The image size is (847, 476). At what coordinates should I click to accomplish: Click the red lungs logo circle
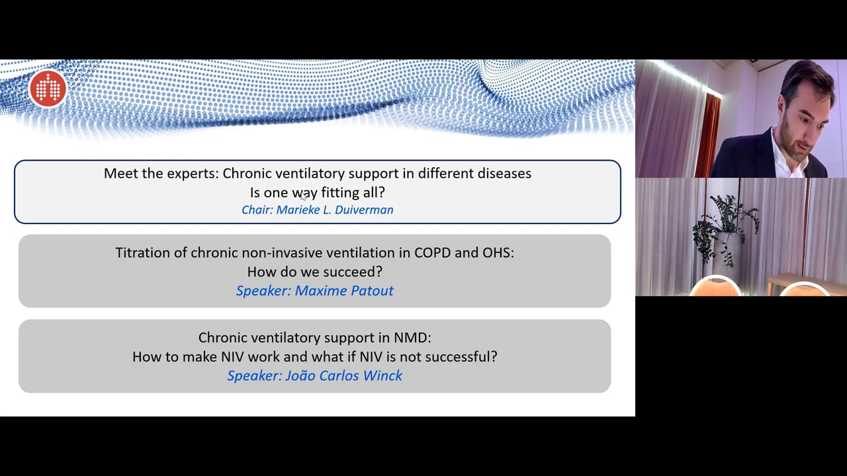pyautogui.click(x=48, y=89)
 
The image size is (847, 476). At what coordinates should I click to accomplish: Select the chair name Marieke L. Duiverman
pyautogui.click(x=335, y=210)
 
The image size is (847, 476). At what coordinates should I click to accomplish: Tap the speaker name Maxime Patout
pyautogui.click(x=344, y=290)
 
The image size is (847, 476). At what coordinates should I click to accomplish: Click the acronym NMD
pyautogui.click(x=413, y=337)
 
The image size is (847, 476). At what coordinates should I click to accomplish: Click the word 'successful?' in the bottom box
pyautogui.click(x=461, y=356)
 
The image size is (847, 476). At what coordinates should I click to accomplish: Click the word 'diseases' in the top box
pyautogui.click(x=504, y=173)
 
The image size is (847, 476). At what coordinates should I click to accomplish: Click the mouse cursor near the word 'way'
pyautogui.click(x=303, y=196)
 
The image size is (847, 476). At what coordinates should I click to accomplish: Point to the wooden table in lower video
pyautogui.click(x=801, y=281)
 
